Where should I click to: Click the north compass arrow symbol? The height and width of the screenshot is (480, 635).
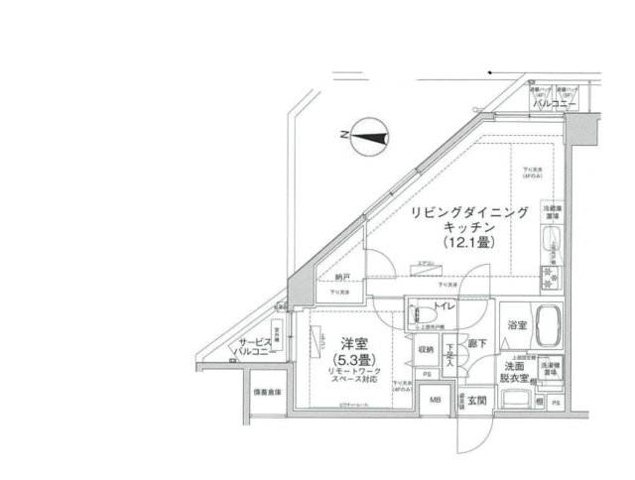368,136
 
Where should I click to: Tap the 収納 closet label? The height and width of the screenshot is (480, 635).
425,349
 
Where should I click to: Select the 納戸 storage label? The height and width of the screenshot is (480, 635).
342,280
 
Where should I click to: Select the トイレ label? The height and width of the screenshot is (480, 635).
442,308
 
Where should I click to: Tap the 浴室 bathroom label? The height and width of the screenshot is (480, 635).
516,324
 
